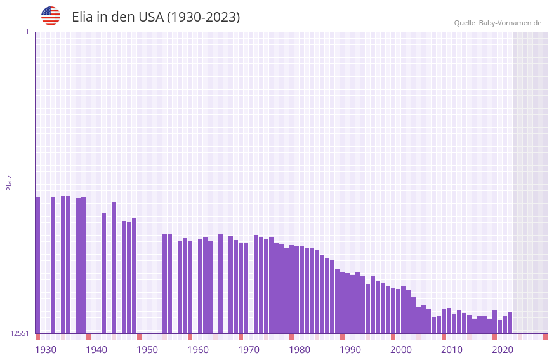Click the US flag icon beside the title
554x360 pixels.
(x=51, y=16)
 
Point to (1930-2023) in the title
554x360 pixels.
(x=203, y=17)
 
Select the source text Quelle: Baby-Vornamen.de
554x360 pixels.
(x=498, y=23)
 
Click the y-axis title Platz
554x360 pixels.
(x=9, y=182)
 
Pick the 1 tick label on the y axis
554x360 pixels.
(x=27, y=32)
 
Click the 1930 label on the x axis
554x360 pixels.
(x=46, y=350)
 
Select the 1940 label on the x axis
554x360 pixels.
(x=96, y=350)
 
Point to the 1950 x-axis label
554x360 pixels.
(x=147, y=350)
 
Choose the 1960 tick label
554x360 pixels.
(x=198, y=350)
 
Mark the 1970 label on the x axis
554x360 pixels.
(x=249, y=350)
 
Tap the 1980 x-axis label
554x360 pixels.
(x=300, y=350)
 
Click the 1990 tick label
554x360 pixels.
(x=350, y=350)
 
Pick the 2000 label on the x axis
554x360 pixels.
(x=401, y=350)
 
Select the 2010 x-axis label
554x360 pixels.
(x=452, y=350)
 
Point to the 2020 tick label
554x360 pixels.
(x=503, y=350)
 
